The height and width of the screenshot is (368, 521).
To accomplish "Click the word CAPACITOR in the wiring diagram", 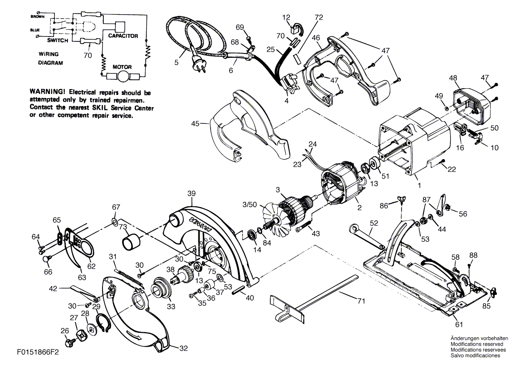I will click(x=123, y=36).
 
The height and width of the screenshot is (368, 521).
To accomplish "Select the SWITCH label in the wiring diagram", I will click(x=57, y=41).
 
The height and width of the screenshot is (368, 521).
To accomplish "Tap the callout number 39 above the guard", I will click(x=191, y=194).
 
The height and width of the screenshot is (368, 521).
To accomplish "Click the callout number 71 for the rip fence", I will click(x=361, y=301).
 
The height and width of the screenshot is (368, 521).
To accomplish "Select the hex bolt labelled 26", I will click(x=70, y=343).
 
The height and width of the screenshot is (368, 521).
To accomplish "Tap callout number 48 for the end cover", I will click(x=453, y=78).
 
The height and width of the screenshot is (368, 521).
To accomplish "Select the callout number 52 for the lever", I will click(x=373, y=223).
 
